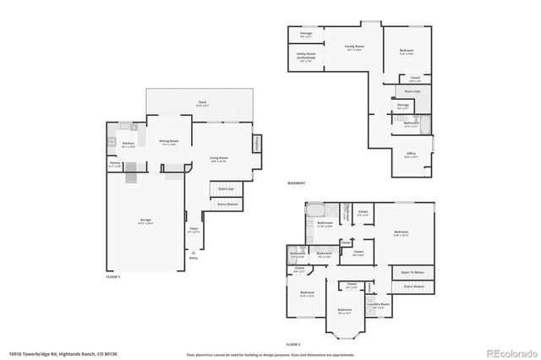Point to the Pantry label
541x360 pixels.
click(x=115, y=164)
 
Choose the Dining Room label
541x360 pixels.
click(x=168, y=141)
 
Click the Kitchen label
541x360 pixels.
click(x=128, y=144)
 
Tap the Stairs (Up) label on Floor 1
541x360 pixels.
click(x=226, y=188)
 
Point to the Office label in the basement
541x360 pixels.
click(x=411, y=155)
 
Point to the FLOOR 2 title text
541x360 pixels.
click(x=293, y=345)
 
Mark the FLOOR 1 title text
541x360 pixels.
click(x=113, y=277)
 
